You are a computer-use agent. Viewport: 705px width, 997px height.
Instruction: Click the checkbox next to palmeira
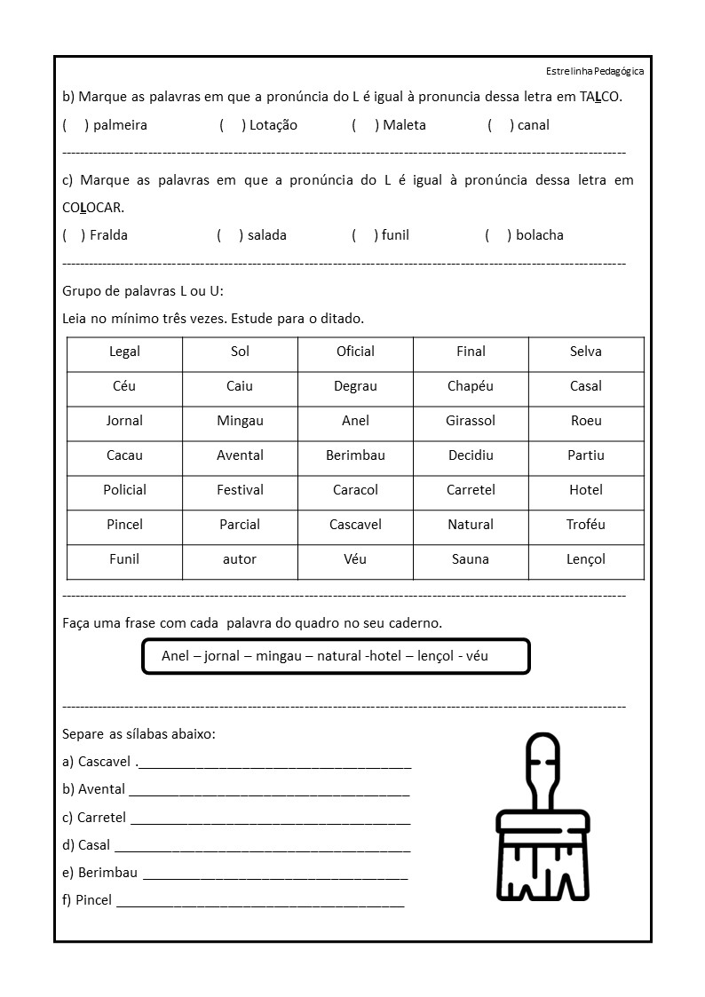coord(75,125)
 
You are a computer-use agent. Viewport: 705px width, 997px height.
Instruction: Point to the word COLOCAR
coord(93,208)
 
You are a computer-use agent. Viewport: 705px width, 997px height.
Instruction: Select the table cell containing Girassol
coord(471,421)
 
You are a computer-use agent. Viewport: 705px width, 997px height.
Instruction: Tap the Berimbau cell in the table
coord(355,455)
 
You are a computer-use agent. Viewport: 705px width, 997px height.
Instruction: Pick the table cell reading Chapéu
coord(471,386)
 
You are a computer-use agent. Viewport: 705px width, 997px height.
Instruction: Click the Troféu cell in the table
coord(586,525)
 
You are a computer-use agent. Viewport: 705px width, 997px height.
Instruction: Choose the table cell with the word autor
coord(240,559)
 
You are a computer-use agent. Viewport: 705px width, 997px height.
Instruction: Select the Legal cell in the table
coord(124,352)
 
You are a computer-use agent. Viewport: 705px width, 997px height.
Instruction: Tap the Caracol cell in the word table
coord(355,490)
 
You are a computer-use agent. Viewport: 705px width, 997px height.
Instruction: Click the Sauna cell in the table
coord(471,559)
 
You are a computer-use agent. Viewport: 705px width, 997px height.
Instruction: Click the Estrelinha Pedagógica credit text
coord(595,71)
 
